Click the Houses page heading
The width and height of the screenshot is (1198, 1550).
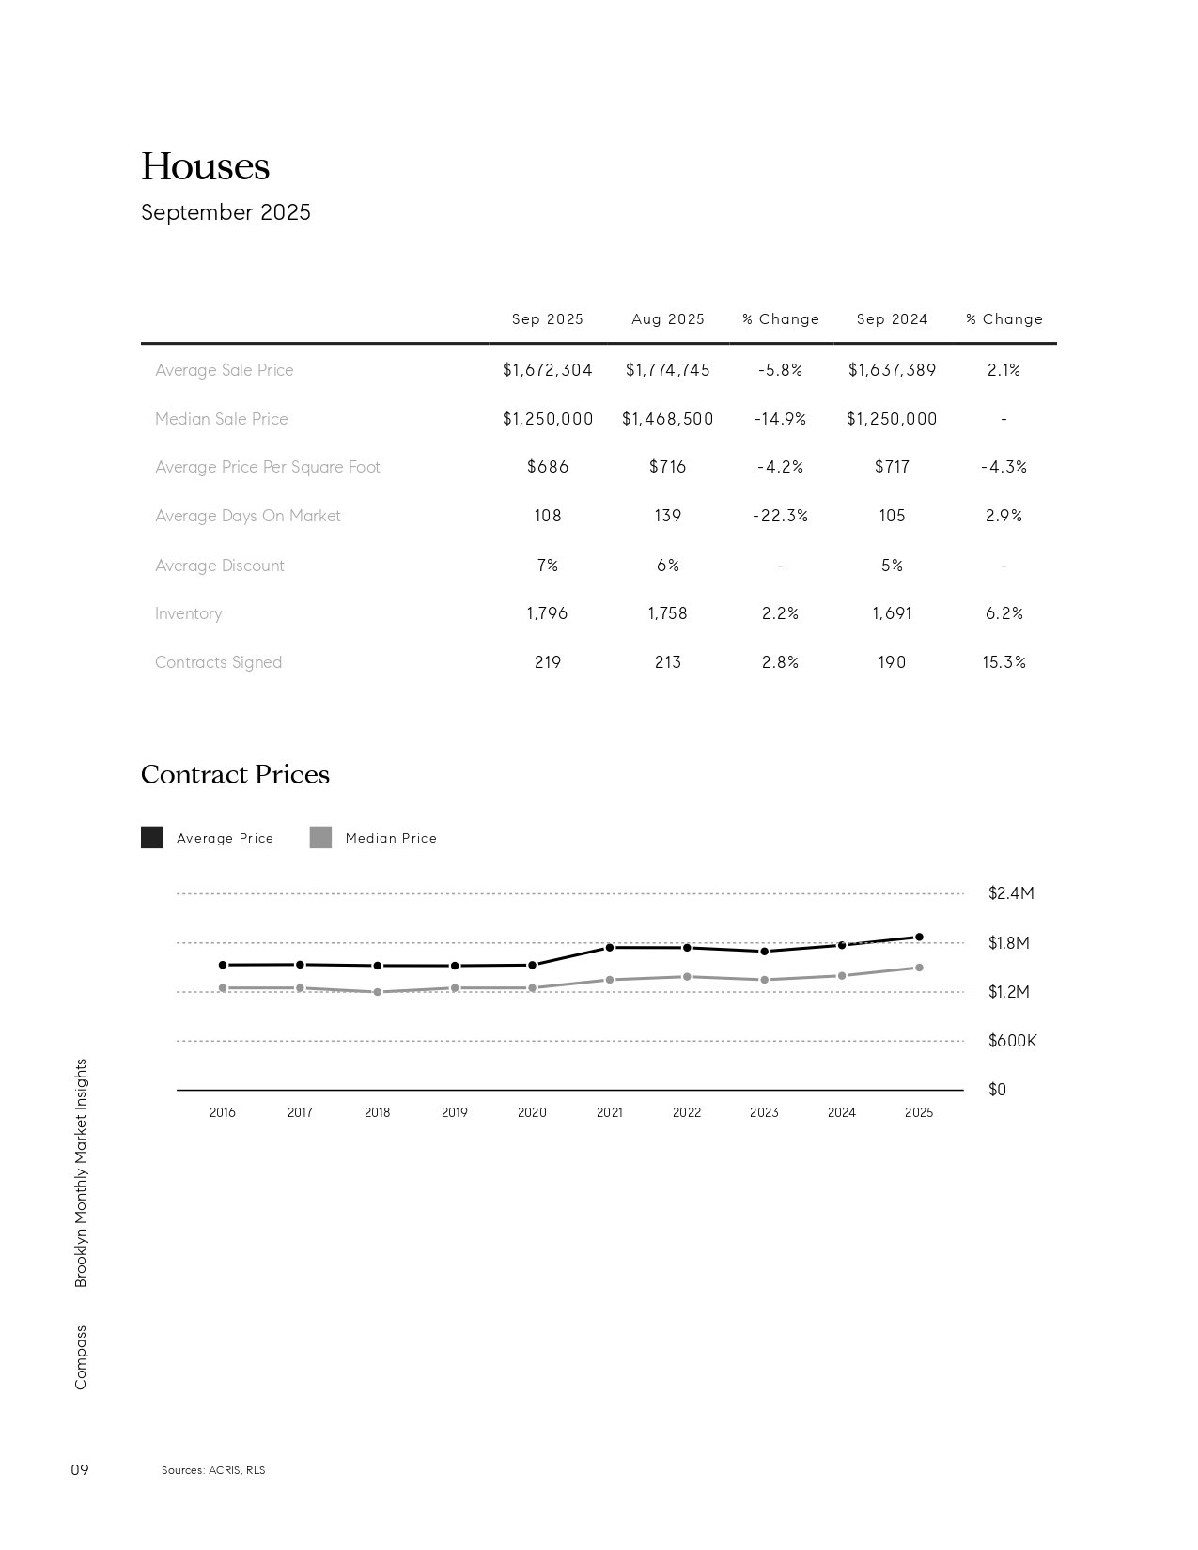(205, 167)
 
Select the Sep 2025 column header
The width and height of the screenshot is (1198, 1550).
(547, 319)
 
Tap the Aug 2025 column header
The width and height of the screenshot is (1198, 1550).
(667, 319)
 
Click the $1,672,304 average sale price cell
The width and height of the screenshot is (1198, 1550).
(547, 370)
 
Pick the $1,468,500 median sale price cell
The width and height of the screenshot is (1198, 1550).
(667, 419)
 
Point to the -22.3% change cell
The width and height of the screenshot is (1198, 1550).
(780, 516)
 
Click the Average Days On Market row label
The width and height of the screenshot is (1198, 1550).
(247, 516)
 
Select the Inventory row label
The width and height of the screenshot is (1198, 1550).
(188, 613)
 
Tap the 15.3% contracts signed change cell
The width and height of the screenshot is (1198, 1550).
(1004, 662)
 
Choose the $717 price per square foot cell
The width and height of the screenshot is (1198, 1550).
(892, 467)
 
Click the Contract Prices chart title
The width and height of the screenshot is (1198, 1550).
(235, 774)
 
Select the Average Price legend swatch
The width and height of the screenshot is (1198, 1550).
(151, 837)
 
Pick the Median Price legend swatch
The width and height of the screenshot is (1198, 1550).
(320, 837)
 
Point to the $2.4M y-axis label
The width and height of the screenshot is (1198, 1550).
(1010, 893)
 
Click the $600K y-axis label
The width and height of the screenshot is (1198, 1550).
(1012, 1041)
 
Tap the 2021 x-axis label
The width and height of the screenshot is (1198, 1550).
(609, 1112)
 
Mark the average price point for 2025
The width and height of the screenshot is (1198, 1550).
(919, 937)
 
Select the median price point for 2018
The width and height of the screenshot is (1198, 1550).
(377, 992)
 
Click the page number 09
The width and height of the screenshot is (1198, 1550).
(80, 1469)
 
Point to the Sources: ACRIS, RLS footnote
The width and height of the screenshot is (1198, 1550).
(213, 1470)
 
